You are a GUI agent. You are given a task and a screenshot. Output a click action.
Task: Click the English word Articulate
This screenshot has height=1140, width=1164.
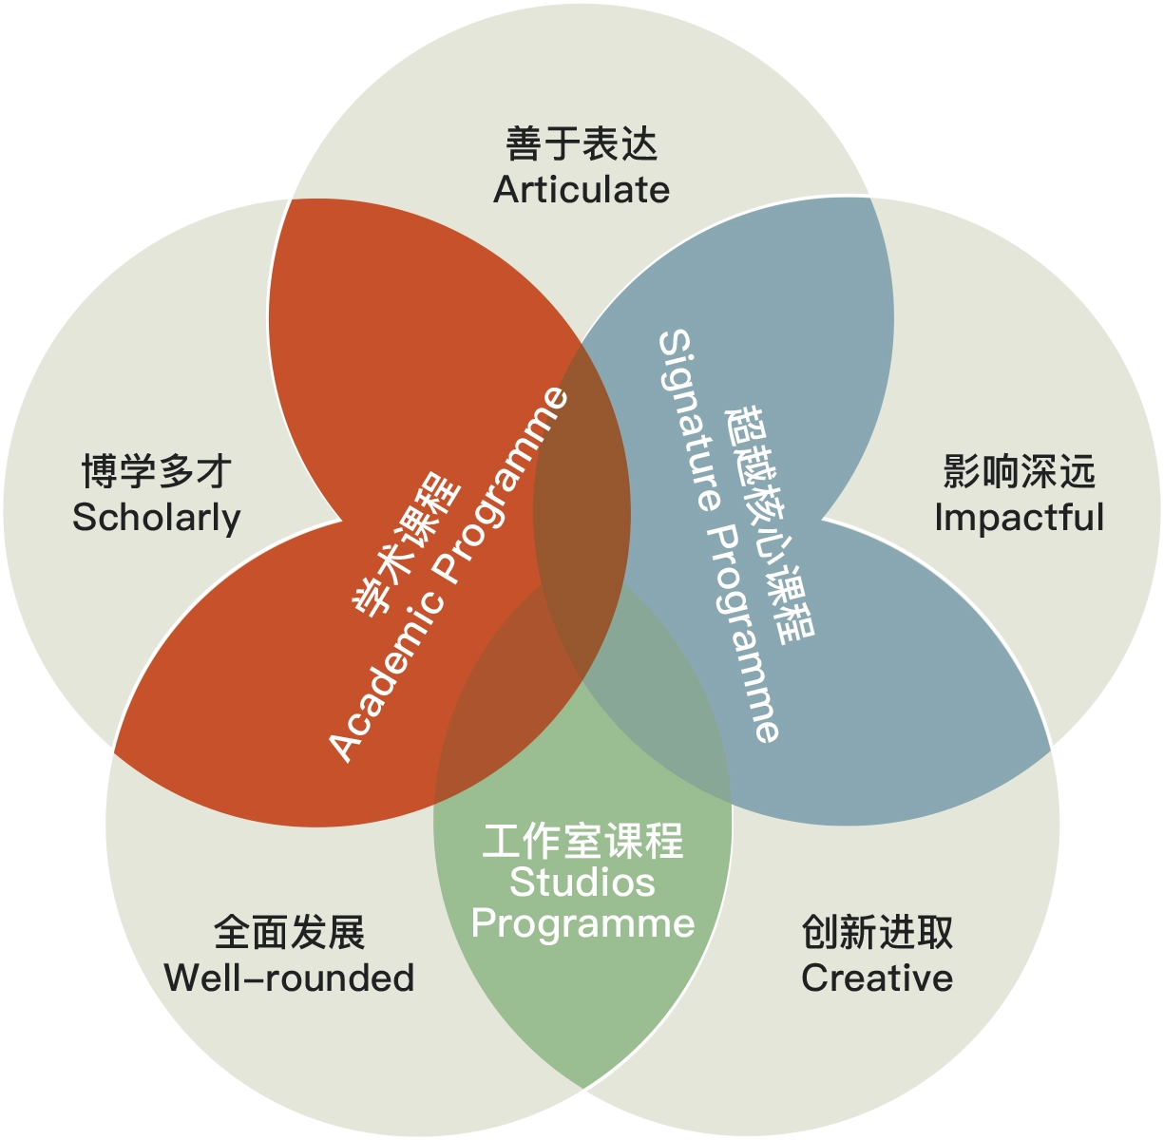point(582,190)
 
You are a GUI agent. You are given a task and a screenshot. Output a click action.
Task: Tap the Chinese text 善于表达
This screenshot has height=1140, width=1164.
point(582,143)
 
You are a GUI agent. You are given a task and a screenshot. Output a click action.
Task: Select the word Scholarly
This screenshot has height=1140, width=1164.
point(157,519)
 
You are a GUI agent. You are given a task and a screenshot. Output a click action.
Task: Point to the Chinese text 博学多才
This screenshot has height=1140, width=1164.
point(157,471)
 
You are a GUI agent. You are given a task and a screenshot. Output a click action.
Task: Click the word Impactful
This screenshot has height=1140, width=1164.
point(1019,517)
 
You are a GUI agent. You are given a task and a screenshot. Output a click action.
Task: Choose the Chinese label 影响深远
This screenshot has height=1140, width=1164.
point(1019,471)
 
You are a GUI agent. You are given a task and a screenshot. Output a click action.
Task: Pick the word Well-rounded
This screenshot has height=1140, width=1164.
point(290,978)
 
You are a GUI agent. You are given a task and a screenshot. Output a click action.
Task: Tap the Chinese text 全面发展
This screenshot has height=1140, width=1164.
point(290,932)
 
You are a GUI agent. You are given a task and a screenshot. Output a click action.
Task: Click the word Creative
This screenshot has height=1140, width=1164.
point(877,978)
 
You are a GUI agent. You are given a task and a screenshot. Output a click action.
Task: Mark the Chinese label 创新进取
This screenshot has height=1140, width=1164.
point(877,932)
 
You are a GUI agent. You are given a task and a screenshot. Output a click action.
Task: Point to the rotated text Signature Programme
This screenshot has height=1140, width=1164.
point(718,535)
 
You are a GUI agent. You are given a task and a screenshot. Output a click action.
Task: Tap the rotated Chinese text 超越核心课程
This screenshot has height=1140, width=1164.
point(770,525)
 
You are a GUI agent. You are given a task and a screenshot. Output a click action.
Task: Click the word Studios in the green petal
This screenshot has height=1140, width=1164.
point(582,883)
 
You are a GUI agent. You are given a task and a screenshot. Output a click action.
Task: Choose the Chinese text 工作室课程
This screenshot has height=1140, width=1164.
point(582,841)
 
